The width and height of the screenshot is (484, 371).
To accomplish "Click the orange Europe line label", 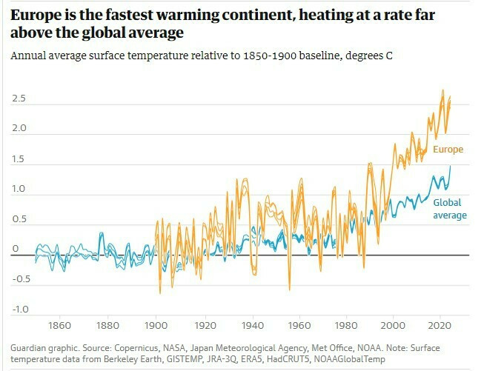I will click(x=448, y=150).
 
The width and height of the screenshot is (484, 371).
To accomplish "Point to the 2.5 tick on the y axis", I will click(x=19, y=98).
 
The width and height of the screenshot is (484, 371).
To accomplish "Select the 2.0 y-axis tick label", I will click(x=19, y=128).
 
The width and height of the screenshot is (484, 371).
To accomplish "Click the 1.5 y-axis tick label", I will click(x=19, y=159).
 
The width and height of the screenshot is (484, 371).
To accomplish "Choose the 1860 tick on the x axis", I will click(x=59, y=326).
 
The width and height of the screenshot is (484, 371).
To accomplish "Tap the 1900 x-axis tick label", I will click(x=155, y=326).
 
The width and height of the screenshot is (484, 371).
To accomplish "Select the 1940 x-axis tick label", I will click(x=251, y=326).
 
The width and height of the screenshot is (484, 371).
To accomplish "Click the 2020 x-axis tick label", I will click(x=441, y=326).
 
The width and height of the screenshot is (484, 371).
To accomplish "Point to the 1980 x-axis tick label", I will click(x=345, y=326).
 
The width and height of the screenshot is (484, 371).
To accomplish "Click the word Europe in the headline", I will click(x=36, y=13).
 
